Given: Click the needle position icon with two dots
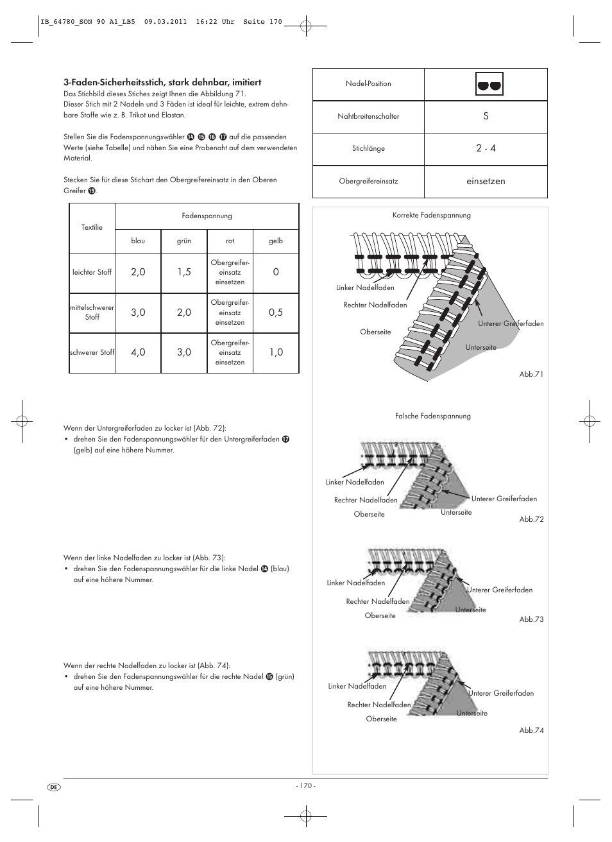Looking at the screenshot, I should pos(489,84).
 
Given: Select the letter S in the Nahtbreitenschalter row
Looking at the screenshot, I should pos(486,116).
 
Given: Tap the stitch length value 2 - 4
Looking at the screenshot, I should pos(486,148).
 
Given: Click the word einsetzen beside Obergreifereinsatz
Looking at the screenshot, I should pos(486,182).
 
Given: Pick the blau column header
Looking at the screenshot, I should pos(138,241).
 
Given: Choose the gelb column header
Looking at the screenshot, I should pos(276,241).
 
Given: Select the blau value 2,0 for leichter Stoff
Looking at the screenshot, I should pos(138,272).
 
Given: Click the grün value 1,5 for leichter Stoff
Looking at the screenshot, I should pos(184,272).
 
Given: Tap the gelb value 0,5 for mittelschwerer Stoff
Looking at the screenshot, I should pos(276,313).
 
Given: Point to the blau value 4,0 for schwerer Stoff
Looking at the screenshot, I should pos(138,352).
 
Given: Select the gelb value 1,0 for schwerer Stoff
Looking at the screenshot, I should pos(276,352).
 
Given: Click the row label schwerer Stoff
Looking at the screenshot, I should pos(92,352).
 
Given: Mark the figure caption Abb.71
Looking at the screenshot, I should pos(531,374).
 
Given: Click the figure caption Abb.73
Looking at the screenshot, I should pos(531,619).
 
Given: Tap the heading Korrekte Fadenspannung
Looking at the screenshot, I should pos(431,216).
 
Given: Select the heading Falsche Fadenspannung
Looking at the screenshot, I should pos(432,417).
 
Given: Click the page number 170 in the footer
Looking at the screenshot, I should pos(305,786).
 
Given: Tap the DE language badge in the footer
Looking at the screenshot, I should pos(54,787).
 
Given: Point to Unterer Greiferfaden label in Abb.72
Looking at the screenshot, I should pos(504,499).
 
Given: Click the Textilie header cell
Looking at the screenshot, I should pos(92,227).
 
